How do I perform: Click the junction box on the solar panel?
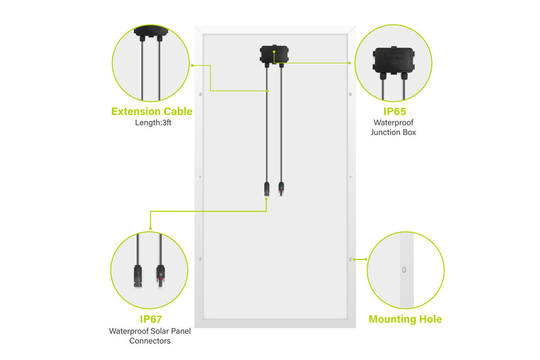[274, 54]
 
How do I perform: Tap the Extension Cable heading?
[152, 112]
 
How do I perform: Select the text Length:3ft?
[153, 122]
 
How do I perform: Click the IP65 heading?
[394, 112]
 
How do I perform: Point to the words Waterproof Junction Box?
[393, 128]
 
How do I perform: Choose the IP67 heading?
[151, 319]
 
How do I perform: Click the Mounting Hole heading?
[406, 319]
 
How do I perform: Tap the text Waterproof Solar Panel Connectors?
[150, 336]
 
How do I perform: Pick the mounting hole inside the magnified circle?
[404, 270]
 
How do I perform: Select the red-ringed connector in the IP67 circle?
[161, 275]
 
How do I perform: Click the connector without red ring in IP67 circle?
[138, 276]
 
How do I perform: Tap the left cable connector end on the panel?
[266, 189]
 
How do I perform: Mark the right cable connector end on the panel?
[282, 189]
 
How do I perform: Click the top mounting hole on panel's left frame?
[200, 94]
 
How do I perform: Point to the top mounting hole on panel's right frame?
[350, 94]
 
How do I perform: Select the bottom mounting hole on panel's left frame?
[200, 259]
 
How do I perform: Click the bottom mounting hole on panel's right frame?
[350, 259]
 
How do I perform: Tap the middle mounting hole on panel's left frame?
[200, 177]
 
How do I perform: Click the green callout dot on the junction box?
[274, 52]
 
